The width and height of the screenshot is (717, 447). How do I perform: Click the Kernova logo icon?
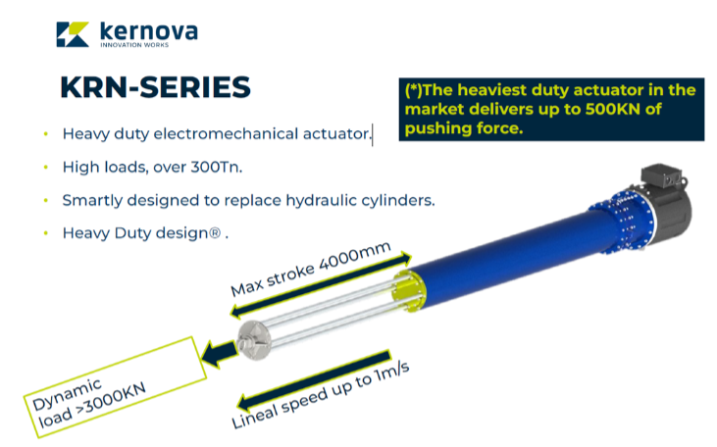point(73,34)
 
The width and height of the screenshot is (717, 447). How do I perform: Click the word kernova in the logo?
point(149,31)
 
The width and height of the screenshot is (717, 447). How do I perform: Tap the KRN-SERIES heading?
point(156,87)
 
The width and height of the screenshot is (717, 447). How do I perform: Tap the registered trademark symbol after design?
point(215,233)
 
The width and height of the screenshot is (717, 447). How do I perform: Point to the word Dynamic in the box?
point(67,394)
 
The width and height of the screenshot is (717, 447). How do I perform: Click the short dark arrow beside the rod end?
point(219,353)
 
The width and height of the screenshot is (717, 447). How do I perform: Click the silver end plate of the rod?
point(254,339)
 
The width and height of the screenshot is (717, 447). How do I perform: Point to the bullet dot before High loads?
point(46,168)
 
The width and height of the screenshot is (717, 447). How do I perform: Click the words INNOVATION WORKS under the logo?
point(134,45)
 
